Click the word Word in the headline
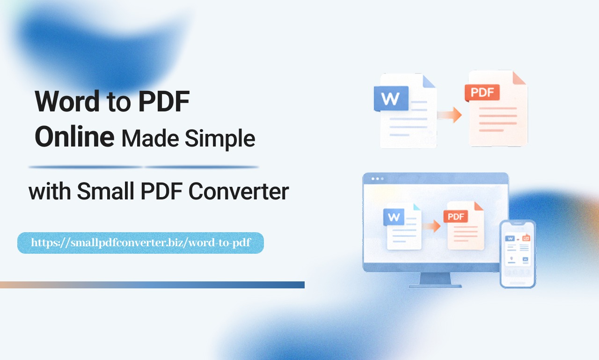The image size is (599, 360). [67, 101]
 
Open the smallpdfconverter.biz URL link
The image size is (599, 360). [140, 243]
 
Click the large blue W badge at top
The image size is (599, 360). [391, 98]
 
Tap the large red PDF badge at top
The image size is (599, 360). [482, 92]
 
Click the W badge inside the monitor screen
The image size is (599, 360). [394, 217]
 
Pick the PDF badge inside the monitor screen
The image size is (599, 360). [455, 216]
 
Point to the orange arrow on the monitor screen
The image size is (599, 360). [431, 227]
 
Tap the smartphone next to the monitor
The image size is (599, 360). [518, 254]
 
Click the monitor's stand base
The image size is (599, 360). [435, 284]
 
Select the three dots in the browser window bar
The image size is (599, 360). [377, 179]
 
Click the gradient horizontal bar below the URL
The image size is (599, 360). [152, 285]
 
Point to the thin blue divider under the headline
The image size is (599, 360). [143, 167]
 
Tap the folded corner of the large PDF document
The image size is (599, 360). [519, 78]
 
